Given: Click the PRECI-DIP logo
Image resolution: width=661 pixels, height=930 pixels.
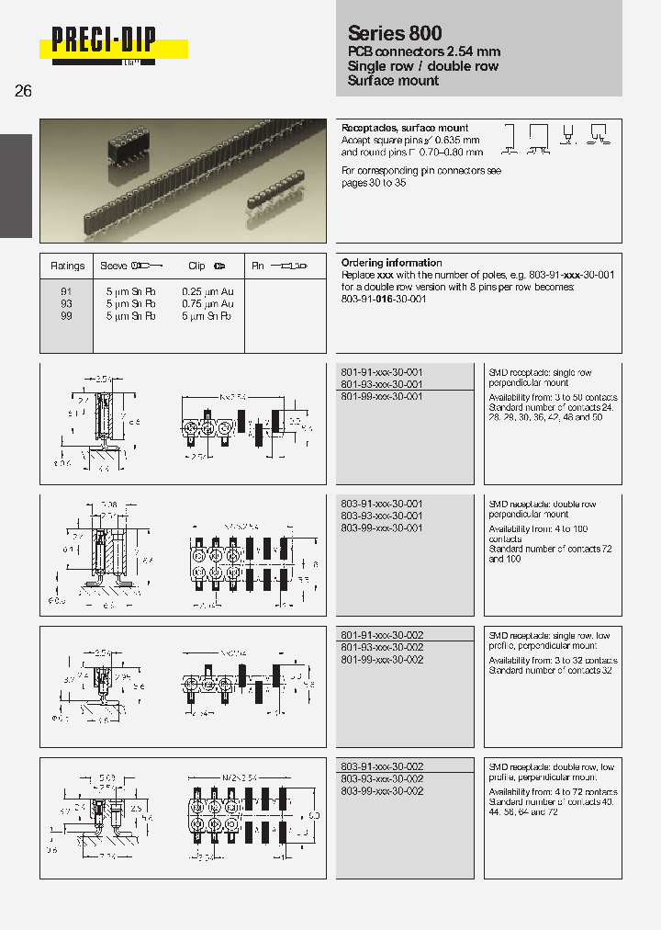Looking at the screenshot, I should (104, 42).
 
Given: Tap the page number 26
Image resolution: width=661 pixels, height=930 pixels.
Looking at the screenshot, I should (24, 91).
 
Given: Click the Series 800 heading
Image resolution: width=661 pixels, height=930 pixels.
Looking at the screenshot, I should (395, 33).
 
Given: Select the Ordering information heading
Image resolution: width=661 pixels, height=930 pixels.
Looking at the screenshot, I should (391, 263).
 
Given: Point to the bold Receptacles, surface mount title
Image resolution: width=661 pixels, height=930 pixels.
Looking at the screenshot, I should (405, 128).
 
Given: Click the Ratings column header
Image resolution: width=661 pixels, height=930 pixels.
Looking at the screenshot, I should (68, 267).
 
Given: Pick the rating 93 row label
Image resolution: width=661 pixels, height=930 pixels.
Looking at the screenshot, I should (66, 304).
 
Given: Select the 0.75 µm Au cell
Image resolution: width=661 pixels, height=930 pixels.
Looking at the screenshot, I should (208, 304).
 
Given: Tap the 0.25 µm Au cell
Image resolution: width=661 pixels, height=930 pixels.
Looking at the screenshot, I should (208, 292).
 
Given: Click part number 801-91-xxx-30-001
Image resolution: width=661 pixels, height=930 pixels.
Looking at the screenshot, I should (382, 372).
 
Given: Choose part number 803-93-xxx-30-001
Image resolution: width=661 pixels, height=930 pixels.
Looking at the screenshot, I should (382, 516).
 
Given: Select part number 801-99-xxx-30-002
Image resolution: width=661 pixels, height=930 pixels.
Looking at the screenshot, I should (382, 660).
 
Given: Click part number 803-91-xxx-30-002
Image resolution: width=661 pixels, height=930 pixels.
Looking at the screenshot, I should (382, 767).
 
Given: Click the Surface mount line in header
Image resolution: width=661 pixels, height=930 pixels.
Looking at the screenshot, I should (393, 81).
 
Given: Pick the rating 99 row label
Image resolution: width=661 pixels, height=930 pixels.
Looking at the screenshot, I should (66, 316).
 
